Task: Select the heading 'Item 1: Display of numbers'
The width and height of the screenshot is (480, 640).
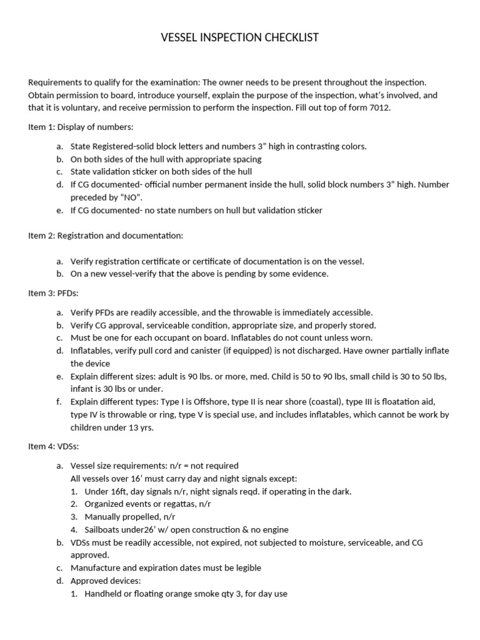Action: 81,127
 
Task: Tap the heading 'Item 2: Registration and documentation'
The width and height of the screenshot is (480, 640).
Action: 105,236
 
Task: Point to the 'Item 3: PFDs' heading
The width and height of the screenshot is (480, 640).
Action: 56,293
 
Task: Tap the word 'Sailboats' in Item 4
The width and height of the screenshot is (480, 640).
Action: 104,529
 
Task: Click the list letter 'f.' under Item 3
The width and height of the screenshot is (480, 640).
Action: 59,402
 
